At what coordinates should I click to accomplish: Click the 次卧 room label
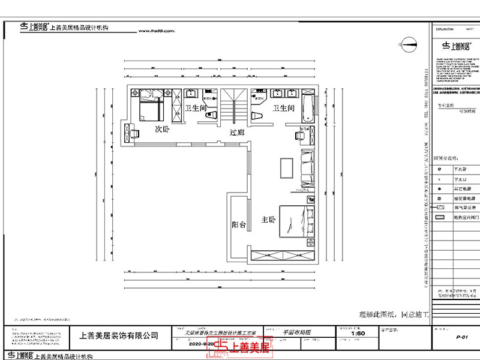click(163, 129)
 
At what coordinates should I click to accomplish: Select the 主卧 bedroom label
click(268, 220)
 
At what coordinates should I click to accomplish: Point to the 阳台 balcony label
click(239, 225)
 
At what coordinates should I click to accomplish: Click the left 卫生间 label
click(196, 108)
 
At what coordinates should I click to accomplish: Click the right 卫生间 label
click(283, 108)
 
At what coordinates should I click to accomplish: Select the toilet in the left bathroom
click(211, 116)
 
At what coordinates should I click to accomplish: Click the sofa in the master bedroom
click(307, 167)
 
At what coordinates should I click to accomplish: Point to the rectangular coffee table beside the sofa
click(285, 169)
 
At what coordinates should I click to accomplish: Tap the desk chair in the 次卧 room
click(135, 132)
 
